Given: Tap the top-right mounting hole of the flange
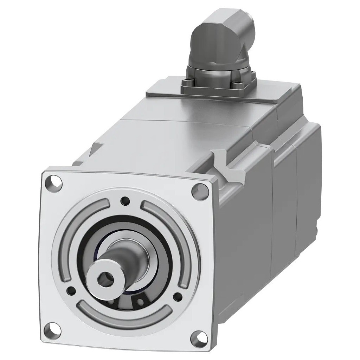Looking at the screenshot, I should coord(197,191).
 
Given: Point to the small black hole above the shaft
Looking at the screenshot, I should coord(124,201).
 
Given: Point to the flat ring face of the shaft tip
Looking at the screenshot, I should coord(95,278).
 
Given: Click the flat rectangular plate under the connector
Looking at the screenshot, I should coord(165,88).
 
